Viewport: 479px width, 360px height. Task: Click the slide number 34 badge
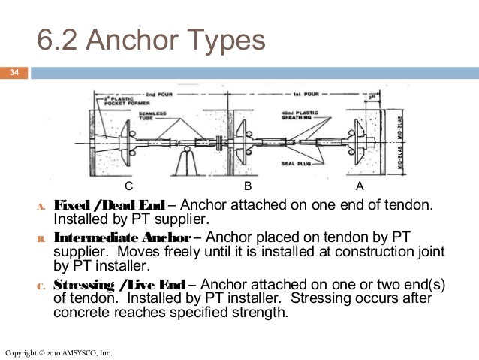[x=14, y=73]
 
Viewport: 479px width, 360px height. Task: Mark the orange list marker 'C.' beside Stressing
[x=41, y=286]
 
